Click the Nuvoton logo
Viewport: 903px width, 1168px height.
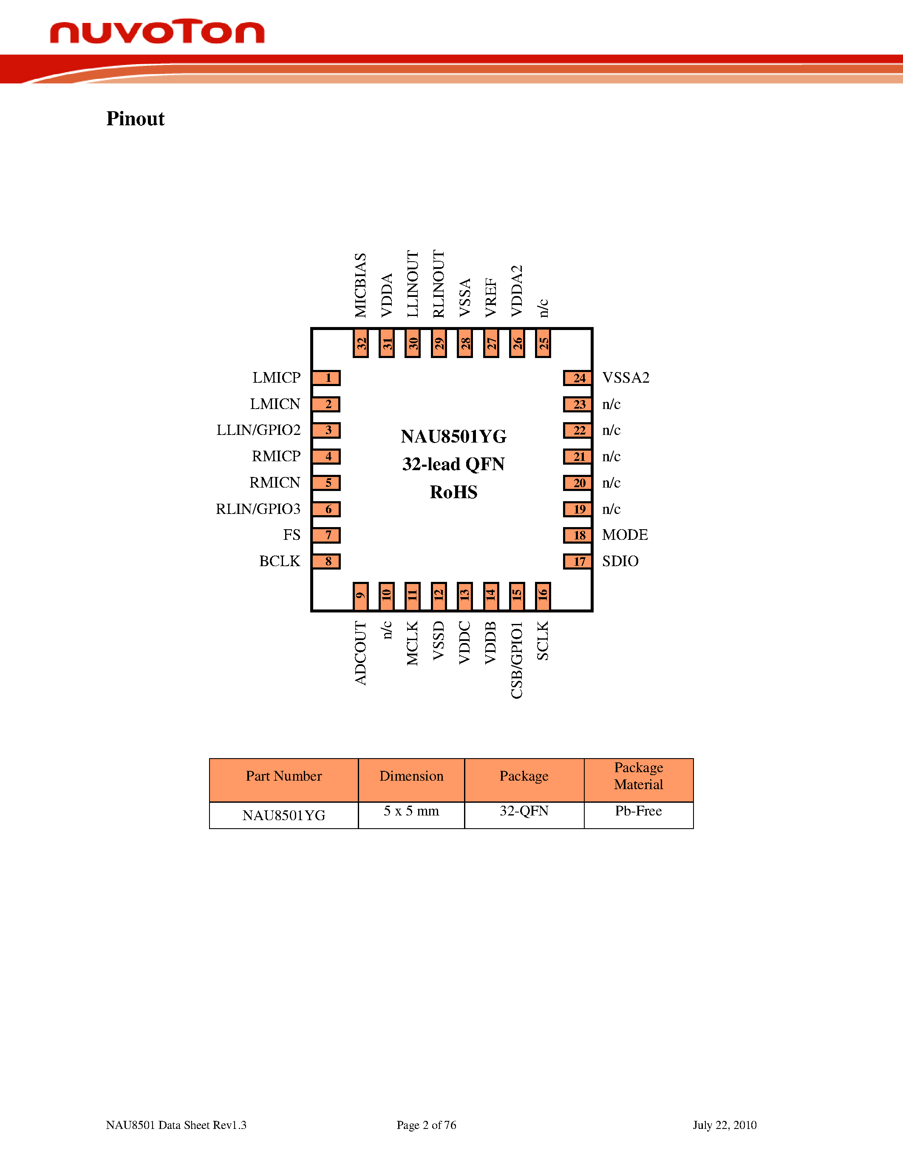coord(157,32)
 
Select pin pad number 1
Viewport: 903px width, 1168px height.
coord(326,378)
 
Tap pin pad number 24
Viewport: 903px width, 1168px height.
coord(578,378)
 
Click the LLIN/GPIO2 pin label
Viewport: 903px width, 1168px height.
coord(258,430)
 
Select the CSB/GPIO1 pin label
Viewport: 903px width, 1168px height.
coord(517,660)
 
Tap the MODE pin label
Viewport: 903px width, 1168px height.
coord(625,535)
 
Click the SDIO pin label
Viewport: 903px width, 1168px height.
coord(620,561)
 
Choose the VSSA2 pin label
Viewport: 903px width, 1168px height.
coord(626,378)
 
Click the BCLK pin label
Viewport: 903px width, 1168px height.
coord(280,561)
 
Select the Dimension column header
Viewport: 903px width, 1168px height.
coord(411,776)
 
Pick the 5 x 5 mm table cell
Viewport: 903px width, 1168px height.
coord(411,811)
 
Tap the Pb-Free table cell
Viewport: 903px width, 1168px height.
coord(638,811)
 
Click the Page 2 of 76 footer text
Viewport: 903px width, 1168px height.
coord(426,1125)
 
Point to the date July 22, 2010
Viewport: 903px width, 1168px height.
coord(725,1125)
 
